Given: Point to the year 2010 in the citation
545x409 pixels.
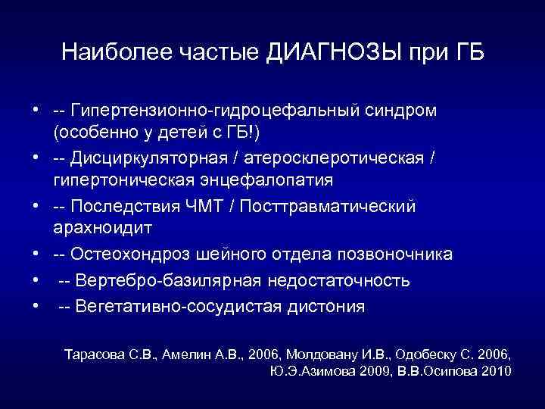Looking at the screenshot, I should click(x=495, y=371).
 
